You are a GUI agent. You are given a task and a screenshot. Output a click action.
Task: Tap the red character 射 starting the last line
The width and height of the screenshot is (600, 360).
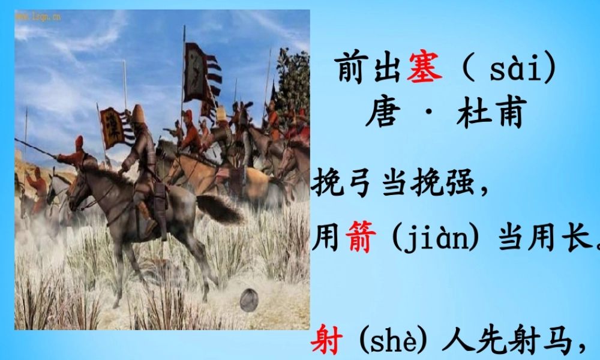coord(328,343)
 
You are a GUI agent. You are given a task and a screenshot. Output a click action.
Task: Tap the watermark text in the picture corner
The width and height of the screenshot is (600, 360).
coord(38,16)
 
